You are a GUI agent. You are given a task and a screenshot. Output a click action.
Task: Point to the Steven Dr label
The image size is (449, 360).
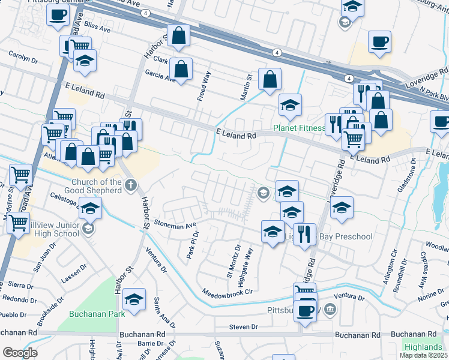pos(243,326)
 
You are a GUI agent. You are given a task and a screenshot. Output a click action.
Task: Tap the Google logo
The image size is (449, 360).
pos(20,353)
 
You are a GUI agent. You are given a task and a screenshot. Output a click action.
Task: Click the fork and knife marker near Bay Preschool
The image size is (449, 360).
pos(305,233)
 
